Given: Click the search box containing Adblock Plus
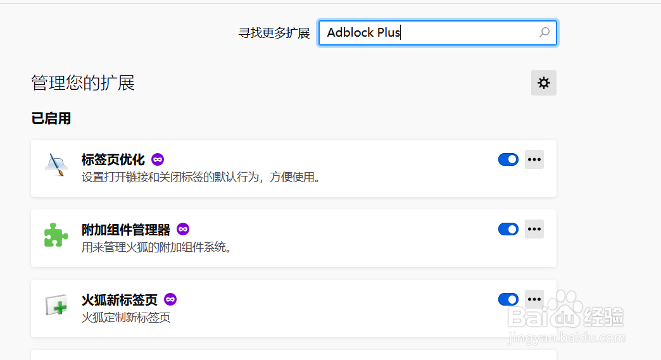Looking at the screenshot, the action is [431, 33].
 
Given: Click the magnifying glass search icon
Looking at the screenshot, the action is [544, 32].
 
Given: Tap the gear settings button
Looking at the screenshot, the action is [543, 83].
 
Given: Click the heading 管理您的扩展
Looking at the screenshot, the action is [83, 83].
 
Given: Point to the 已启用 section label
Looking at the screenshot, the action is [51, 118].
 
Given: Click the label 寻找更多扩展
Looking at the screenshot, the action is [274, 33].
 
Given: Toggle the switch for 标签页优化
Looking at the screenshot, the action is [508, 159].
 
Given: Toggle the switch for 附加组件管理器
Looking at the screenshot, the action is [508, 229].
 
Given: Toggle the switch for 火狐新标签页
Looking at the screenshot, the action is [508, 299].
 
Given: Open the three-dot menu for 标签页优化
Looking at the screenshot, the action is [534, 159].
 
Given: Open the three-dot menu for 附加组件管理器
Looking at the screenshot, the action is [534, 229].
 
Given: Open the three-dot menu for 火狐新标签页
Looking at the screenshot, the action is [534, 299].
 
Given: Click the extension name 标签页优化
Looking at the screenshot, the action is [113, 159].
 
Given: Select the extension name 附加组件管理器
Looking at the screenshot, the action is [126, 230].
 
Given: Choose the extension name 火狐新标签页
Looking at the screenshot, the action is [120, 300].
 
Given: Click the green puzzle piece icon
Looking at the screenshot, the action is [56, 235].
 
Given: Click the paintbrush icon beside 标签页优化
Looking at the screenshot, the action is [56, 164].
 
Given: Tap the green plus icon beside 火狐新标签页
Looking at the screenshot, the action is [56, 305].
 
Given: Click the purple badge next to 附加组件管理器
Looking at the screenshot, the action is [183, 229].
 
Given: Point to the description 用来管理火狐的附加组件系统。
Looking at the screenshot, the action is [157, 247].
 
